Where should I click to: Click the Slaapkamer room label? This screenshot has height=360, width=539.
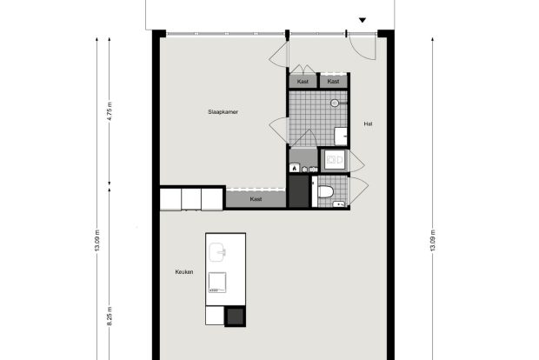pos(223,112)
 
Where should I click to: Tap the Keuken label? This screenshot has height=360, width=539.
pos(184,272)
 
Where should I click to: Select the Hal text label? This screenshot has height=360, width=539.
pos(368,123)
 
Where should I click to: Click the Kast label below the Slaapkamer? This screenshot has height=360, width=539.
pos(256,199)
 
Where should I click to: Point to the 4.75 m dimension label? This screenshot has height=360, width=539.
pos(110,111)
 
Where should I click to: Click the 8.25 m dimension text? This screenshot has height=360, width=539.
pos(110,317)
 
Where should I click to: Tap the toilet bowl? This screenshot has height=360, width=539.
pos(325,191)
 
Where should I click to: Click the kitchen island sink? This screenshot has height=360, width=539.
pos(217,252)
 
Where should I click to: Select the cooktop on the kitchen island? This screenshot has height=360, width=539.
pos(217,283)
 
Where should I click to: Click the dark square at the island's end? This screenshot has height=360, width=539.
pos(235,317)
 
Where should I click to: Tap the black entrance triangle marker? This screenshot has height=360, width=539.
pos(363,20)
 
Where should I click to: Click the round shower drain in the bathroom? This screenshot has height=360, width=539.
pos(335,103)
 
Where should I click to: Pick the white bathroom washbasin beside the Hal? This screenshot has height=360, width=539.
pos(341,137)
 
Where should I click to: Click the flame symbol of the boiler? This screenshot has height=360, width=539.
pos(294,169)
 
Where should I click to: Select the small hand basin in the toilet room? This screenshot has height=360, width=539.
pos(338,204)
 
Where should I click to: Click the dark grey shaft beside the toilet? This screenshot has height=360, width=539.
pos(299,191)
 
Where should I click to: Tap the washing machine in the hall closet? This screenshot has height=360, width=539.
pos(334,160)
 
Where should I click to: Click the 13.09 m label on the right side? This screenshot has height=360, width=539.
pos(433,240)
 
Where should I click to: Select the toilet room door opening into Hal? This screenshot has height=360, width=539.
pos(359,190)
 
